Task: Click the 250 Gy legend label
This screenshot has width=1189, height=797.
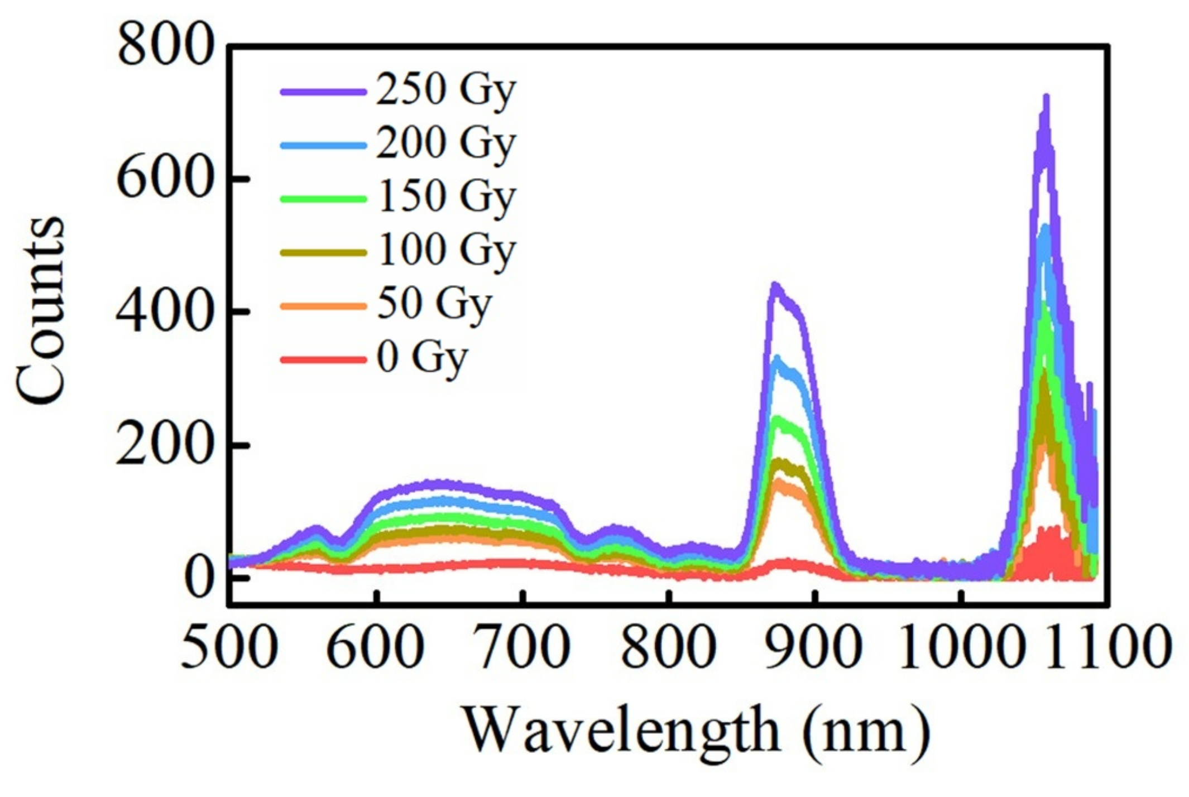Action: (445, 90)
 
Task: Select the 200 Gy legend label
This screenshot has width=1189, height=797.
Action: (445, 143)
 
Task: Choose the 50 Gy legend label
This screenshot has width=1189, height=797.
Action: (434, 304)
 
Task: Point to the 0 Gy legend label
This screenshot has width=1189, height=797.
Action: (421, 357)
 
